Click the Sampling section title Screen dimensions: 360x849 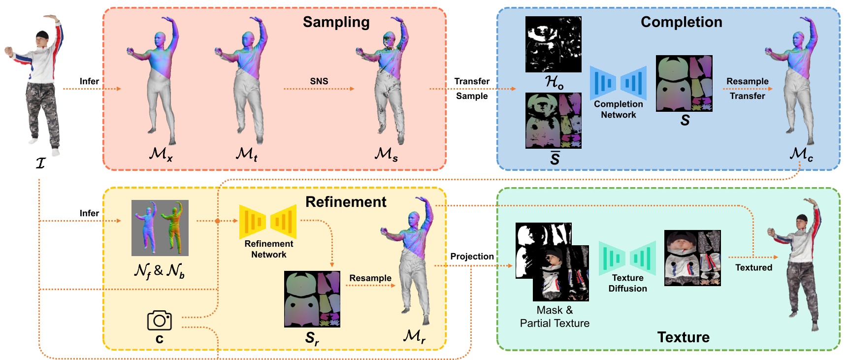[x=336, y=22]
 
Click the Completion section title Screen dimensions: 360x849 [x=681, y=22]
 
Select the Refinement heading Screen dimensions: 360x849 [x=346, y=202]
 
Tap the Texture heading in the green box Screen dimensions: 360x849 [x=683, y=337]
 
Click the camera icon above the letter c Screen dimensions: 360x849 [x=160, y=321]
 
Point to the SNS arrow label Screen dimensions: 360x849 [x=319, y=81]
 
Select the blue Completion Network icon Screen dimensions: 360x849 [x=618, y=83]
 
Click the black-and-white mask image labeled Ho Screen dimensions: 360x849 [x=553, y=44]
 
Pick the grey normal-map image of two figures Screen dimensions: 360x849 [x=160, y=228]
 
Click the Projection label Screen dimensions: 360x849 [x=472, y=257]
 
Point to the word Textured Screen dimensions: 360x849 [x=753, y=267]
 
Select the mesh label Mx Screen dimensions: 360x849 [x=161, y=154]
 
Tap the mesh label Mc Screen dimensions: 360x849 [x=801, y=154]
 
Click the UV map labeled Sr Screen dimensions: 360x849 [x=312, y=299]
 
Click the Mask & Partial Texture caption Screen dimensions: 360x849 [x=555, y=317]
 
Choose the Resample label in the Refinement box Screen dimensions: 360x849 [x=370, y=278]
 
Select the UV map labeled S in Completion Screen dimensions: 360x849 [x=684, y=83]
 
